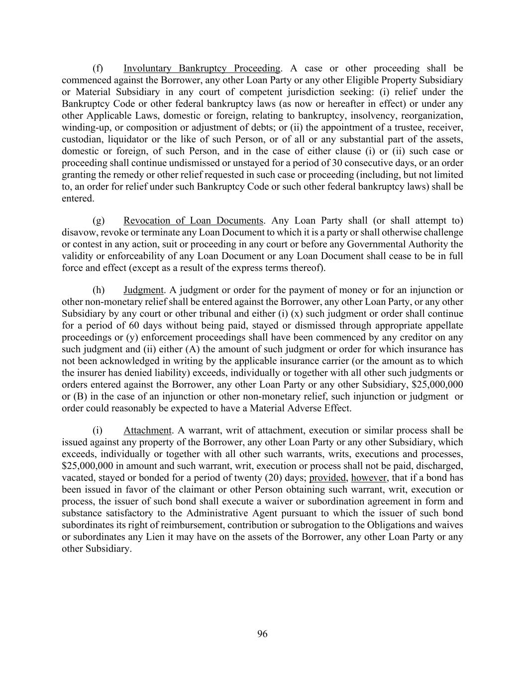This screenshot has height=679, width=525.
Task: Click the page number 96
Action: pos(262,633)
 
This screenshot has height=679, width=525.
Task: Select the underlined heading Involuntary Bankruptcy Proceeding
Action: pos(202,68)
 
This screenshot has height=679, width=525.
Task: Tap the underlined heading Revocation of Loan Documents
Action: pos(193,220)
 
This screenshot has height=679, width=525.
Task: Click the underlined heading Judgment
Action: pos(143,290)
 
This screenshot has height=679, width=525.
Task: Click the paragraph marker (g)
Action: pos(99,220)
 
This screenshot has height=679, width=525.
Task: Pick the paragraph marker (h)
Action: pos(99,290)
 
